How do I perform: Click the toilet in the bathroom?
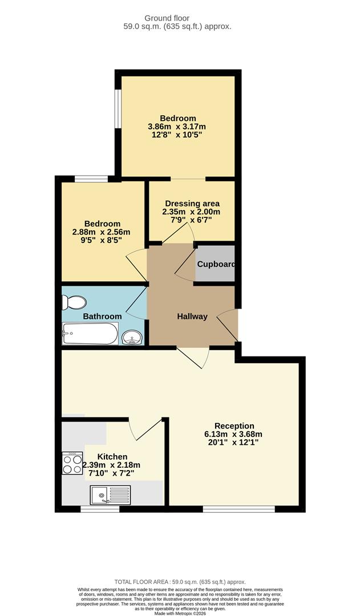coord(75,302)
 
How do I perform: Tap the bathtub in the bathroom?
coord(90,334)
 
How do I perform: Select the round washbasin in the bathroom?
coord(132,337)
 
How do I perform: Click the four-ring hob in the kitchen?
coord(72,463)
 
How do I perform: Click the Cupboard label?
coord(216,264)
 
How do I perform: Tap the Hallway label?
coord(192,317)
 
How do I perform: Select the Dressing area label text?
coord(192,204)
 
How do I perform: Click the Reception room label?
coord(234,425)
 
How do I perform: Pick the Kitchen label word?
coord(112,456)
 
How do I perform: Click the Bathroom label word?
coord(102,316)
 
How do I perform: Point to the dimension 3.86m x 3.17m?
coord(177,127)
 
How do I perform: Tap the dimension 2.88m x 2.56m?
coord(101,232)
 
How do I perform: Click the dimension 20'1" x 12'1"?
coord(234,443)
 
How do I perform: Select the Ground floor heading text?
coord(177,18)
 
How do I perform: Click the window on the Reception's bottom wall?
coord(238,508)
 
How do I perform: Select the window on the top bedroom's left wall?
coord(118,108)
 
